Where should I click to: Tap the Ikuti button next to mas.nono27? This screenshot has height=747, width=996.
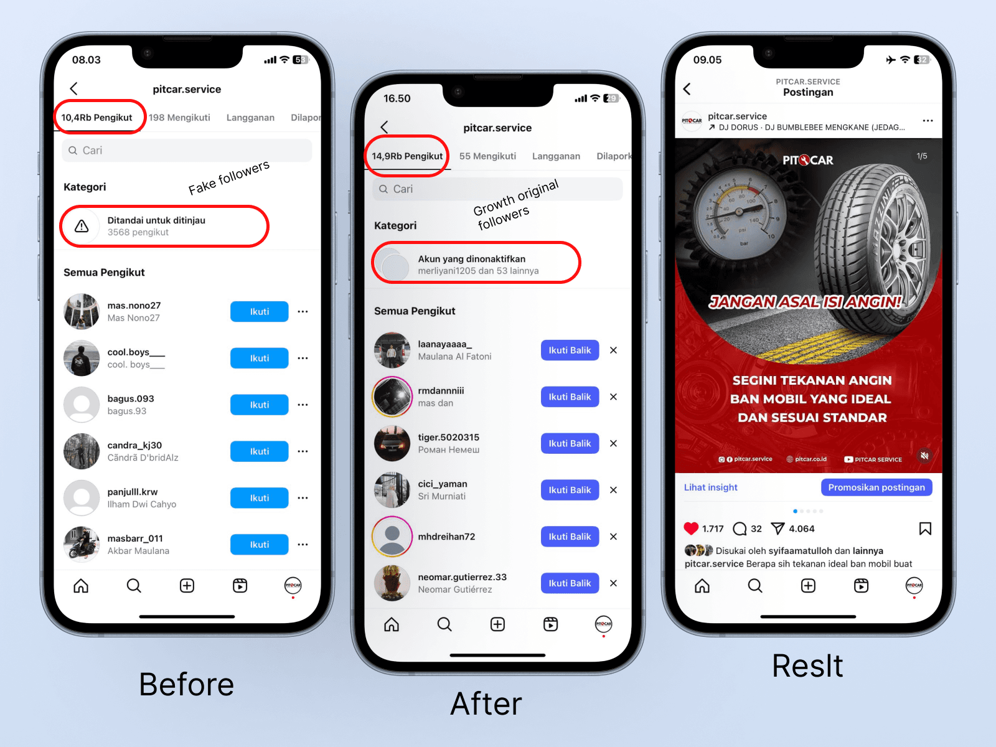[259, 312]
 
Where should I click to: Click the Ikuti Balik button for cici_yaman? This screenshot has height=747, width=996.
[570, 490]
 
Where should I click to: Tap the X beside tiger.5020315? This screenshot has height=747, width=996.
[613, 443]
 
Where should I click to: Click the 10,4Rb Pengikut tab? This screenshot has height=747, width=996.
[96, 118]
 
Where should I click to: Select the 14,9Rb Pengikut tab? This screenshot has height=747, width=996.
[407, 156]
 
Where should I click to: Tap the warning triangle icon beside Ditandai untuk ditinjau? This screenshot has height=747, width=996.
[82, 226]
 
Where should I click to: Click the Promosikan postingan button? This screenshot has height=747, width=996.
[876, 487]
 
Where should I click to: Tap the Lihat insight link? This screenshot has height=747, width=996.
[710, 487]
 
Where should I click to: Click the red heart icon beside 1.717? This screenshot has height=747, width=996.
[690, 529]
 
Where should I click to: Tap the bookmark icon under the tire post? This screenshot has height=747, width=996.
[925, 529]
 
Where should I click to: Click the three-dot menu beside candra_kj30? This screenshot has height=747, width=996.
[303, 451]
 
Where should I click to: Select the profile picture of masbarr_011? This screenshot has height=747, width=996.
[82, 544]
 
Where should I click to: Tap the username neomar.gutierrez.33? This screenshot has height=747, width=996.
[462, 577]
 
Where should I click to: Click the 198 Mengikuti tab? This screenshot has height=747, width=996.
[179, 118]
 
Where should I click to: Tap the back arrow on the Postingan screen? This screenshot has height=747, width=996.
[687, 89]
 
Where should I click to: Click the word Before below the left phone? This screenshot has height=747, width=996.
[186, 684]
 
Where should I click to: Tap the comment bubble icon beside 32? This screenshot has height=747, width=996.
[740, 529]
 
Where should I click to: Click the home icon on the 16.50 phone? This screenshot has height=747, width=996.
[392, 624]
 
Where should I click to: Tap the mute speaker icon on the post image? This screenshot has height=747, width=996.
[924, 456]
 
